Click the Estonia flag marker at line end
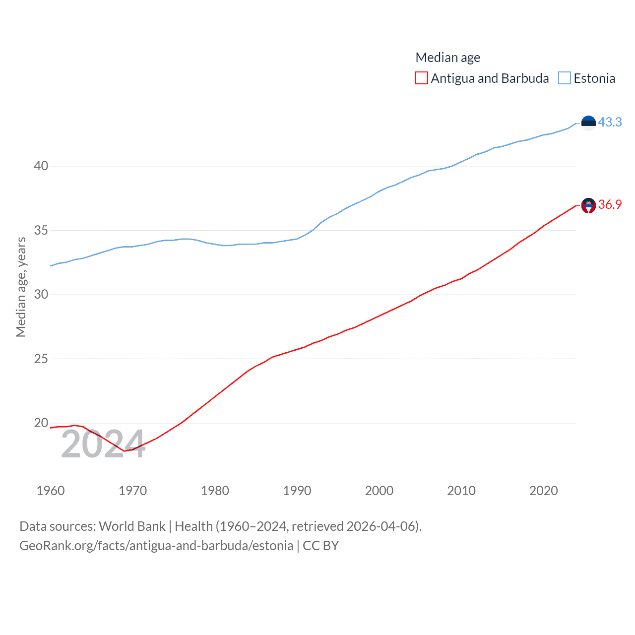point(588,123)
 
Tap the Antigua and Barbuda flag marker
point(588,205)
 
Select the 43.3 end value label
point(610,122)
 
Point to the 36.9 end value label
point(610,204)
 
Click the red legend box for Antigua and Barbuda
point(421,78)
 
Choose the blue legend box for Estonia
point(565,78)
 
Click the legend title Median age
point(447,58)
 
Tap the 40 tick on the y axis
point(41,166)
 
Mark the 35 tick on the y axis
point(41,230)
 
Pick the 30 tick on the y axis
point(41,295)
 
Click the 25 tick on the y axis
point(41,359)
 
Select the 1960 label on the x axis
point(51,491)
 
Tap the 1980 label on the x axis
point(215,491)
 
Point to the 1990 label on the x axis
point(297,491)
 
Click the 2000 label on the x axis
point(379,491)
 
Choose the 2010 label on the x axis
point(461,491)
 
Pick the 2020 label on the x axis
point(544,491)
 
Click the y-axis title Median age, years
point(21,287)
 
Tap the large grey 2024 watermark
point(103,444)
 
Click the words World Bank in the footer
point(132,526)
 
